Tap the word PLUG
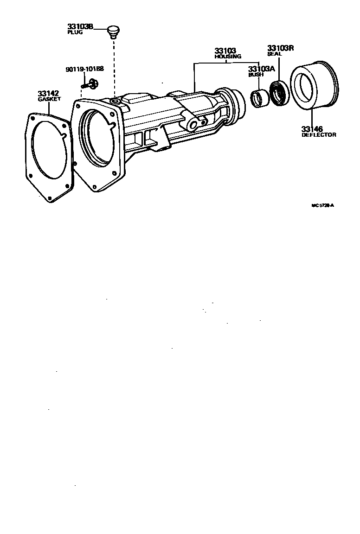[x=75, y=33]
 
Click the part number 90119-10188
[x=84, y=69]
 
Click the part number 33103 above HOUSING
[x=226, y=51]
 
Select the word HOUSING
[x=227, y=56]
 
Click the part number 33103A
[x=261, y=69]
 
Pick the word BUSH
[x=256, y=74]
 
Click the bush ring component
[x=259, y=99]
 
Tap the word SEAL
[x=275, y=53]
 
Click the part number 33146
[x=312, y=129]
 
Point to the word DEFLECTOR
[x=319, y=135]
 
